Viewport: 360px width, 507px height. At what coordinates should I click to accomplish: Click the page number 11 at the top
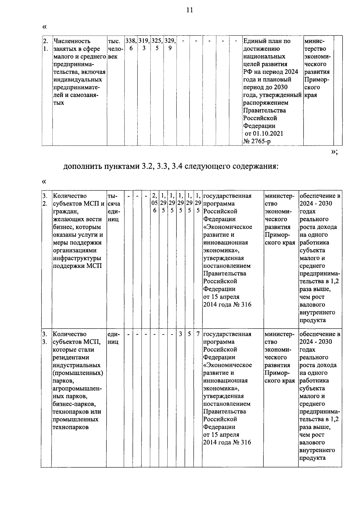189,10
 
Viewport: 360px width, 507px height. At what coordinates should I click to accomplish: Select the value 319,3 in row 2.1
144,44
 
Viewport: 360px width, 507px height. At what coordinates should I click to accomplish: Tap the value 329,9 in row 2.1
170,44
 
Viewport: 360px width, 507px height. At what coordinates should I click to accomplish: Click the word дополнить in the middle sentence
81,166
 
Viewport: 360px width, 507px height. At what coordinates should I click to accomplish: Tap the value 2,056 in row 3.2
154,203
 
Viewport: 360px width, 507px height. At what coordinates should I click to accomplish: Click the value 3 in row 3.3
181,334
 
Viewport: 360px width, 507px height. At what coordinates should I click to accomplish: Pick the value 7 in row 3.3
198,334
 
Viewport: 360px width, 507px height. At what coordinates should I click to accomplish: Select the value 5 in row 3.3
189,334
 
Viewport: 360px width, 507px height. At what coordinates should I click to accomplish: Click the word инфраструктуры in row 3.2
77,258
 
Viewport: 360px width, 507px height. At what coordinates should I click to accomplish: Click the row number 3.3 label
44,338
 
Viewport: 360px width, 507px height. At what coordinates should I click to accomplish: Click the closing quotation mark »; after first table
334,152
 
